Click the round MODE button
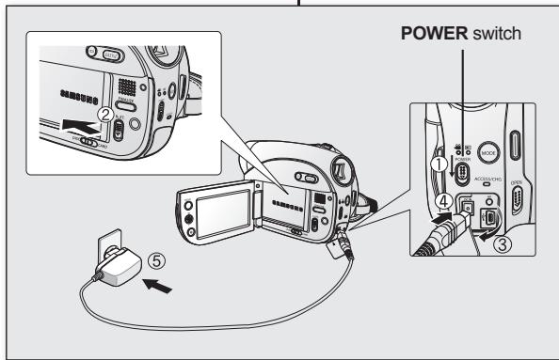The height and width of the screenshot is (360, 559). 487,149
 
